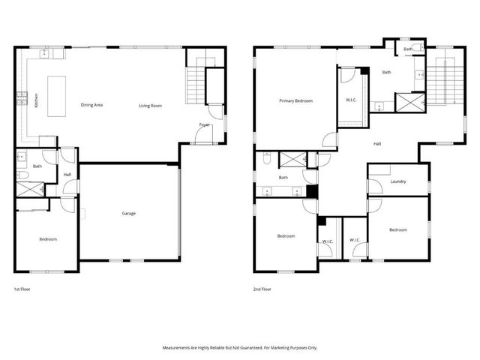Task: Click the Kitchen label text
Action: point(36,100)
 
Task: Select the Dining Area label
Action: point(91,105)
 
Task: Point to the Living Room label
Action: point(150,106)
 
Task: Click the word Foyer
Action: point(204,124)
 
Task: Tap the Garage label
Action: point(129,213)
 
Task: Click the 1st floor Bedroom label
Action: point(48,239)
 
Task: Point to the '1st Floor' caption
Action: point(23,289)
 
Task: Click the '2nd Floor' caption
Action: point(262,289)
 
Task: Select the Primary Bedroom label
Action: point(295,100)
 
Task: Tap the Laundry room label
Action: point(398,181)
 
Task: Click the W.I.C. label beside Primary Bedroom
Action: point(351,100)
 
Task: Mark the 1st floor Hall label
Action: point(67,175)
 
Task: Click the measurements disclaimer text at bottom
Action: point(239,347)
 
